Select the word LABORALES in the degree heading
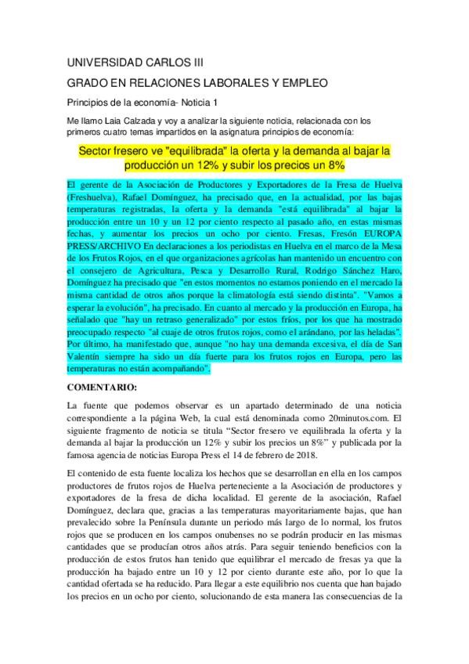pos(246,82)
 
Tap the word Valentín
pos(85,358)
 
